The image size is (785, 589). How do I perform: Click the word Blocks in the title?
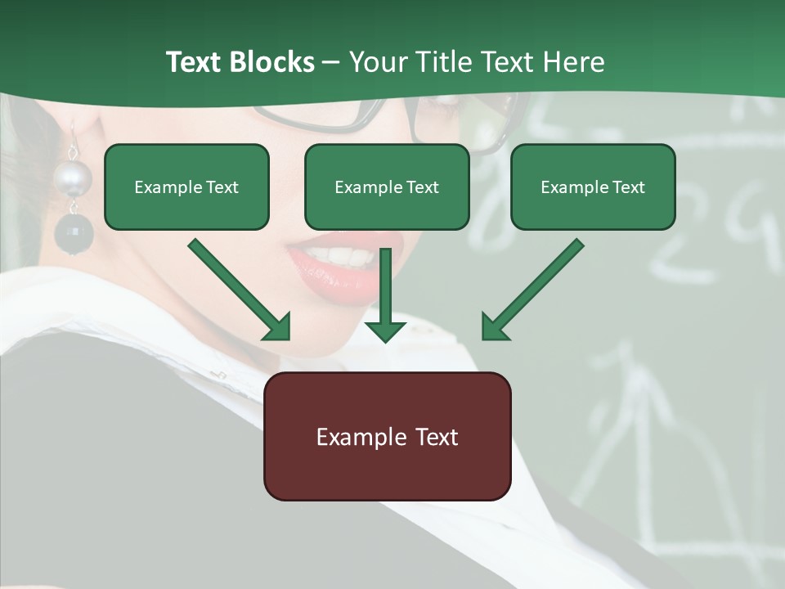pos(271,62)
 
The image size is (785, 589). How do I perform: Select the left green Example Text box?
pos(186,187)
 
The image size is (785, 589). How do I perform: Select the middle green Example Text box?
pos(387,187)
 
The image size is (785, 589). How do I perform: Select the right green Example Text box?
pos(593,187)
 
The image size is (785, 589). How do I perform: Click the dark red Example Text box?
pos(387,437)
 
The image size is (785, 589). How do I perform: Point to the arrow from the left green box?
pos(237,288)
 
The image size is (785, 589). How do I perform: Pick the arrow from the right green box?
pos(535,288)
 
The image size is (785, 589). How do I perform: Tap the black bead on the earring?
pos(74,233)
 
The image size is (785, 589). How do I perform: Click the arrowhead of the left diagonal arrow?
pos(278,327)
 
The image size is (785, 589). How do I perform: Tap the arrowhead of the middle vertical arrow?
pos(385,330)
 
